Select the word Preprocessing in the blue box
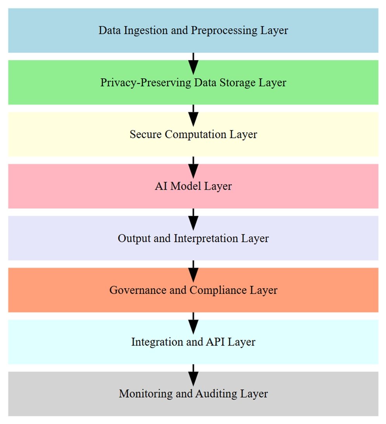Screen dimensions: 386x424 click(x=224, y=31)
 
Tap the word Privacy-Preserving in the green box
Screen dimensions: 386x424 click(x=146, y=83)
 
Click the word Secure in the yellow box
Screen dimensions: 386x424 click(x=145, y=134)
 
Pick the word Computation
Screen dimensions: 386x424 click(x=196, y=134)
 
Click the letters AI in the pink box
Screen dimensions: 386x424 click(x=161, y=186)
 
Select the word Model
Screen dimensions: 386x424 click(x=186, y=186)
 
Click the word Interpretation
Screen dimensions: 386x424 click(x=206, y=239)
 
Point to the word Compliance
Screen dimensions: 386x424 click(x=218, y=290)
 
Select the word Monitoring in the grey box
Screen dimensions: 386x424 click(x=146, y=394)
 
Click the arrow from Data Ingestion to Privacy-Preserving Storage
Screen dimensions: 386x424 click(x=193, y=64)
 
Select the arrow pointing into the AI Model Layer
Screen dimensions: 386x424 click(x=193, y=168)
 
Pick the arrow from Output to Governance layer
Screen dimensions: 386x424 click(x=193, y=271)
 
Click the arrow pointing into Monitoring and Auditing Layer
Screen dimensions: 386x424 click(x=193, y=375)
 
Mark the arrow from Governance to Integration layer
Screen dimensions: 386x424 click(x=193, y=323)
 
